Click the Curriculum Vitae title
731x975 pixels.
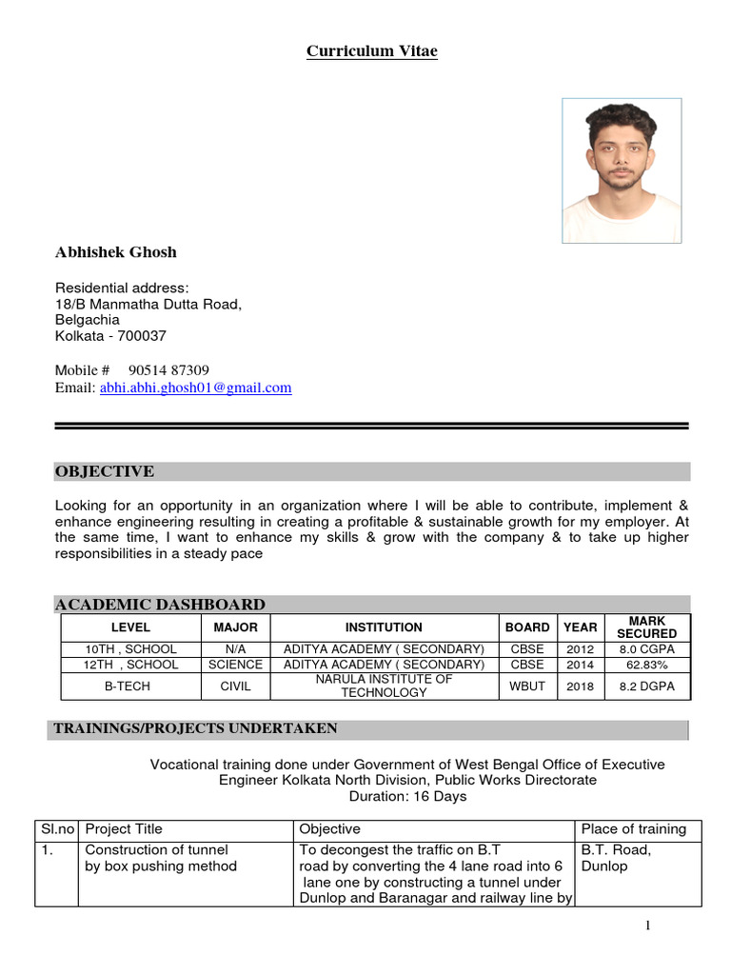pyautogui.click(x=372, y=51)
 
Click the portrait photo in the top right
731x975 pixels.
pyautogui.click(x=622, y=170)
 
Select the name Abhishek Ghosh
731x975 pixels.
pyautogui.click(x=116, y=252)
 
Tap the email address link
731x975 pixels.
pyautogui.click(x=195, y=388)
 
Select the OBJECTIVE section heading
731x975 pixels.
pyautogui.click(x=105, y=472)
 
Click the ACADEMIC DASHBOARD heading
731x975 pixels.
pyautogui.click(x=160, y=605)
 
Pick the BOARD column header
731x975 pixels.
pyautogui.click(x=527, y=627)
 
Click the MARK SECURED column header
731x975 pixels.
pyautogui.click(x=646, y=627)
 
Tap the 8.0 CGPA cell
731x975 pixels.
pyautogui.click(x=646, y=649)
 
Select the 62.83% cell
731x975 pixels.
pyautogui.click(x=646, y=664)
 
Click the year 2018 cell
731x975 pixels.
pyautogui.click(x=580, y=686)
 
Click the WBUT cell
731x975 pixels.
pyautogui.click(x=527, y=686)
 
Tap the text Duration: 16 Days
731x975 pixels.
pyautogui.click(x=407, y=796)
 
